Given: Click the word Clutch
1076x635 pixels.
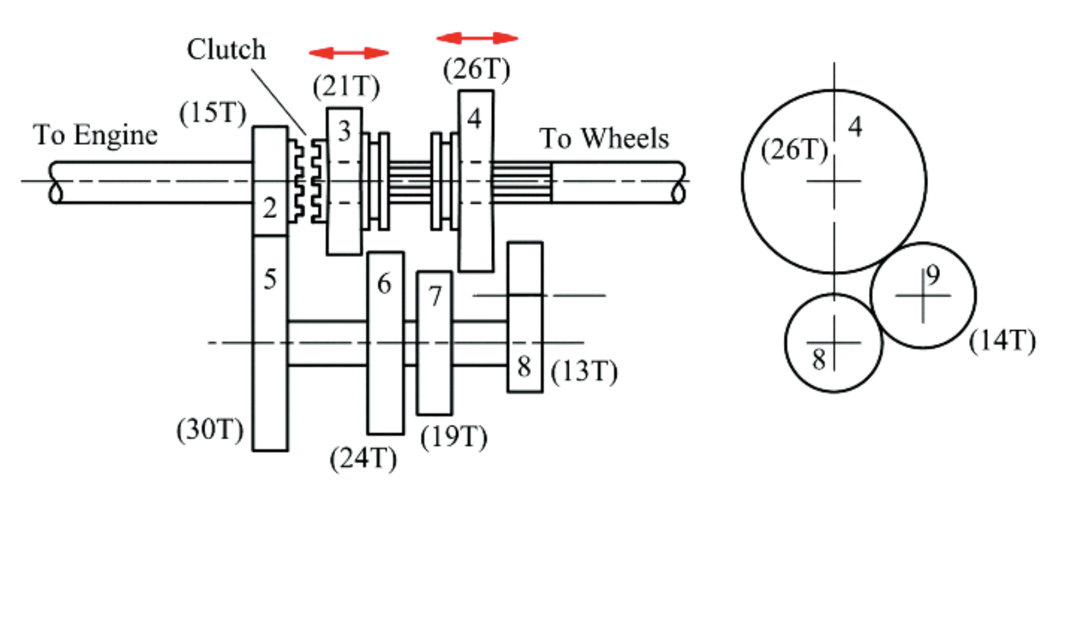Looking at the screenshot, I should point(226,50).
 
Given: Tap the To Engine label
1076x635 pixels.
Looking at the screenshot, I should point(96,136).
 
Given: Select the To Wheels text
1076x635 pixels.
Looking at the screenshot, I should point(604,139).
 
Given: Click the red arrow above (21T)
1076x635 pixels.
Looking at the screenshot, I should point(348,53).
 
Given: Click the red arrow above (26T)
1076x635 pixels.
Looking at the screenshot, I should point(477,38).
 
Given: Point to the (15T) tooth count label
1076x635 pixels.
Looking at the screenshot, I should point(212,113).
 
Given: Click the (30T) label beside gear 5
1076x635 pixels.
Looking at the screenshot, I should point(210,430).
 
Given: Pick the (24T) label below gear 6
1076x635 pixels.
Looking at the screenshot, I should point(363,458).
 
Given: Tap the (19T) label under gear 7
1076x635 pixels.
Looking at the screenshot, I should point(454,436).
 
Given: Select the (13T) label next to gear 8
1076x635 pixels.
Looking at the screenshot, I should point(584,371).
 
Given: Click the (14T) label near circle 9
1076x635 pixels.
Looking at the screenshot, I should point(1002,341).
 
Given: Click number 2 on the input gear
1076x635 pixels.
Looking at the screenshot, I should point(269,209).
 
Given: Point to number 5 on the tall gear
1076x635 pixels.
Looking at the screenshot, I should point(269,279).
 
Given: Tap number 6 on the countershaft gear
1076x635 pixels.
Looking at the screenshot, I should point(384,284).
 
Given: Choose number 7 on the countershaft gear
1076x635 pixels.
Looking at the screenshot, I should point(435,296).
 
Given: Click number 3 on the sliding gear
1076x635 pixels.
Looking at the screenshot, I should point(344,132).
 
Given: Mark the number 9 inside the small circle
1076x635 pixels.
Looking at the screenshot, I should point(933,275).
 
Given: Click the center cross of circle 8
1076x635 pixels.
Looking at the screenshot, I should point(834,343).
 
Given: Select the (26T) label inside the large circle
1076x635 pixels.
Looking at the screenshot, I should point(794,150).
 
